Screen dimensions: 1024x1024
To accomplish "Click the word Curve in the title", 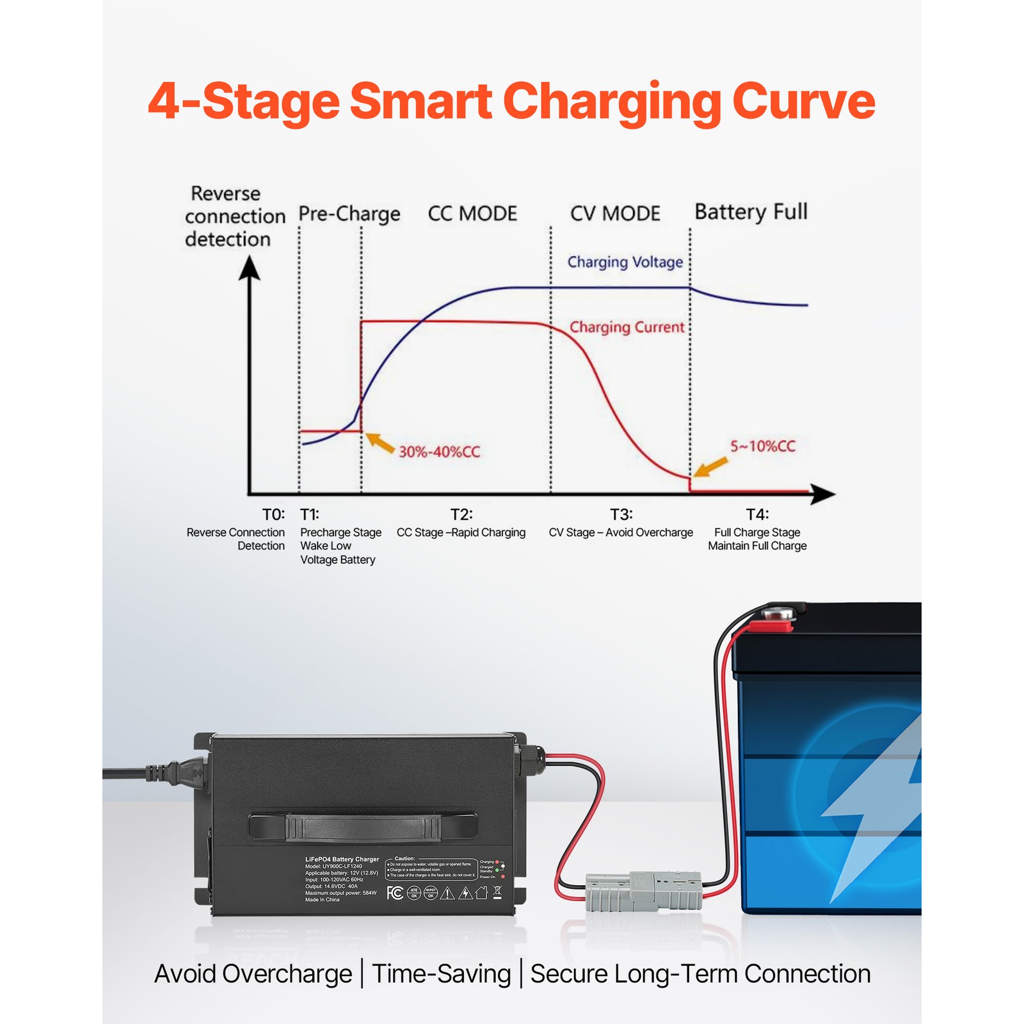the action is click(x=803, y=101).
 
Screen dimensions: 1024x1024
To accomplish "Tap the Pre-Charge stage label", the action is click(x=349, y=214).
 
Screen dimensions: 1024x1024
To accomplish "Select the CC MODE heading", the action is click(x=472, y=213).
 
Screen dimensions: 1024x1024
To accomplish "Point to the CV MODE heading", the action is click(x=615, y=213).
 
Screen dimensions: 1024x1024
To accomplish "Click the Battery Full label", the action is click(x=751, y=212).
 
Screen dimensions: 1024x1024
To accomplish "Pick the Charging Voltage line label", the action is click(x=625, y=262).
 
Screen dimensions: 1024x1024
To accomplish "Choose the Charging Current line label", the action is click(x=627, y=327).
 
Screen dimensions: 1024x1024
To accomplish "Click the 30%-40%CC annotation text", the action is click(x=439, y=452).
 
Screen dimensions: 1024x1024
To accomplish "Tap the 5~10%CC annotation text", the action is click(x=763, y=446).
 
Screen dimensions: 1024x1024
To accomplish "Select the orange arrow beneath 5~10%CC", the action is click(x=710, y=467).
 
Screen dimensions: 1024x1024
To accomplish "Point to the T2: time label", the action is click(x=461, y=515).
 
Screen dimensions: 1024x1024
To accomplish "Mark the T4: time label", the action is click(x=757, y=515).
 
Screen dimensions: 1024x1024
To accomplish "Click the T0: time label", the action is click(x=273, y=515).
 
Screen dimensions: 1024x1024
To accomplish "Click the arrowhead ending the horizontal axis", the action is click(x=823, y=494).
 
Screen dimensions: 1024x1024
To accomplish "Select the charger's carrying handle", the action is click(x=363, y=827).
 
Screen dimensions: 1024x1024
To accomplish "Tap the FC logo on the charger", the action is click(x=395, y=892).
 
